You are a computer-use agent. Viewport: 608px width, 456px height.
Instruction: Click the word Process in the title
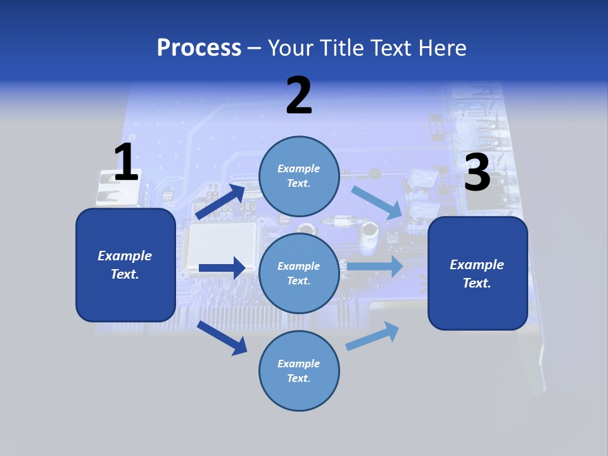(199, 47)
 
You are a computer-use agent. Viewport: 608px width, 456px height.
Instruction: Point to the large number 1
(126, 162)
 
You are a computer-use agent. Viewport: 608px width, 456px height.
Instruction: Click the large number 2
(299, 96)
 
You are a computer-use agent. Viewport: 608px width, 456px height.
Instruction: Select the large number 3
(477, 173)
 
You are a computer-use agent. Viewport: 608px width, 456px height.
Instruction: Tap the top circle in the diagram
(299, 176)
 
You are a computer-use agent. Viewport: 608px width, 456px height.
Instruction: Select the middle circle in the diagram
(299, 273)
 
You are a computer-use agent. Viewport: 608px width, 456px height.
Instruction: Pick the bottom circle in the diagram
(299, 370)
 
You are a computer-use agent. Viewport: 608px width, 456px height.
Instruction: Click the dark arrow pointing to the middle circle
(221, 268)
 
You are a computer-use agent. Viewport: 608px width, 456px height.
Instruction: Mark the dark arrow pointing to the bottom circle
(222, 338)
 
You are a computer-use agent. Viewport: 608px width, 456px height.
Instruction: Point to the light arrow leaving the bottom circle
(373, 336)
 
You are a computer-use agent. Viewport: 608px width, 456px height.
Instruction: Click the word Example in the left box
(125, 256)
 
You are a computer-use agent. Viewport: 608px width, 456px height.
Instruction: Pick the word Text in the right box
(476, 283)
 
